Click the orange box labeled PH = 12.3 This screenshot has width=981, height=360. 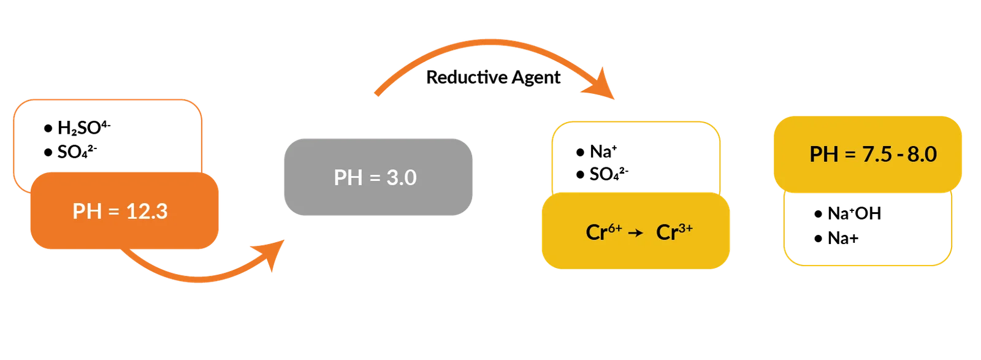(x=124, y=212)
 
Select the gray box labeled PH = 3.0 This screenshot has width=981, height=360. (x=377, y=177)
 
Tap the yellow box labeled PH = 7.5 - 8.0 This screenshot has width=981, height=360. (x=867, y=154)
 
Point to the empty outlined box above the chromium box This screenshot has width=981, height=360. (x=636, y=156)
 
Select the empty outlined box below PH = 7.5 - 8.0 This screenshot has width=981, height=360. (x=868, y=230)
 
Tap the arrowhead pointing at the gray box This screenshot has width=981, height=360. (x=273, y=252)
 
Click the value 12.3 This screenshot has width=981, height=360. (x=147, y=212)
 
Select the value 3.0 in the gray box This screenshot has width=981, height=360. (x=402, y=177)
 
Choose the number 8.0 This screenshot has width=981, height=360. (x=922, y=154)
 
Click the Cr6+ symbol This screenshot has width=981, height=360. (x=603, y=232)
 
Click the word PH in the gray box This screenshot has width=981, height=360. (x=347, y=177)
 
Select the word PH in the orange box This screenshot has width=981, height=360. (x=86, y=212)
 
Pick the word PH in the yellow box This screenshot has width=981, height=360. (x=823, y=154)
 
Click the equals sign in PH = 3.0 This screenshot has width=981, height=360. (x=375, y=178)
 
